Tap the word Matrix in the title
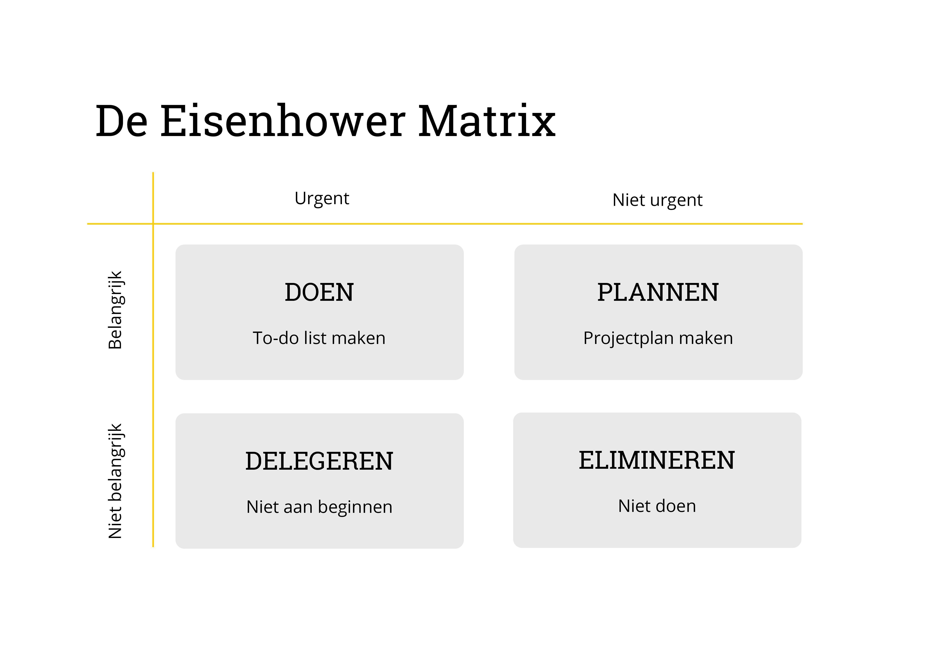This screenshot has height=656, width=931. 487,122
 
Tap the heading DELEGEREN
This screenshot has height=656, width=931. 319,461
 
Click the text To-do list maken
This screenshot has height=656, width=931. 319,338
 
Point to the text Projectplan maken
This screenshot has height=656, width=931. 658,338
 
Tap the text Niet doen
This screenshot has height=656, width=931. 657,506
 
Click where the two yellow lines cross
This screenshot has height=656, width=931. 153,224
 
